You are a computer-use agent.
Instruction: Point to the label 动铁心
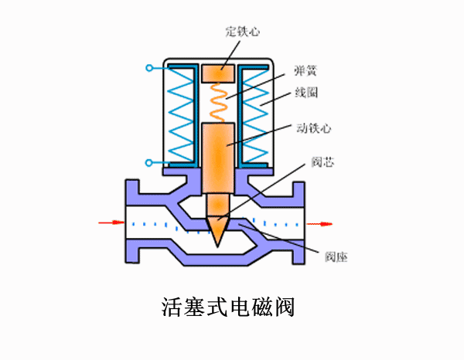(310, 127)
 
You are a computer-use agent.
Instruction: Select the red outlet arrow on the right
(320, 225)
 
